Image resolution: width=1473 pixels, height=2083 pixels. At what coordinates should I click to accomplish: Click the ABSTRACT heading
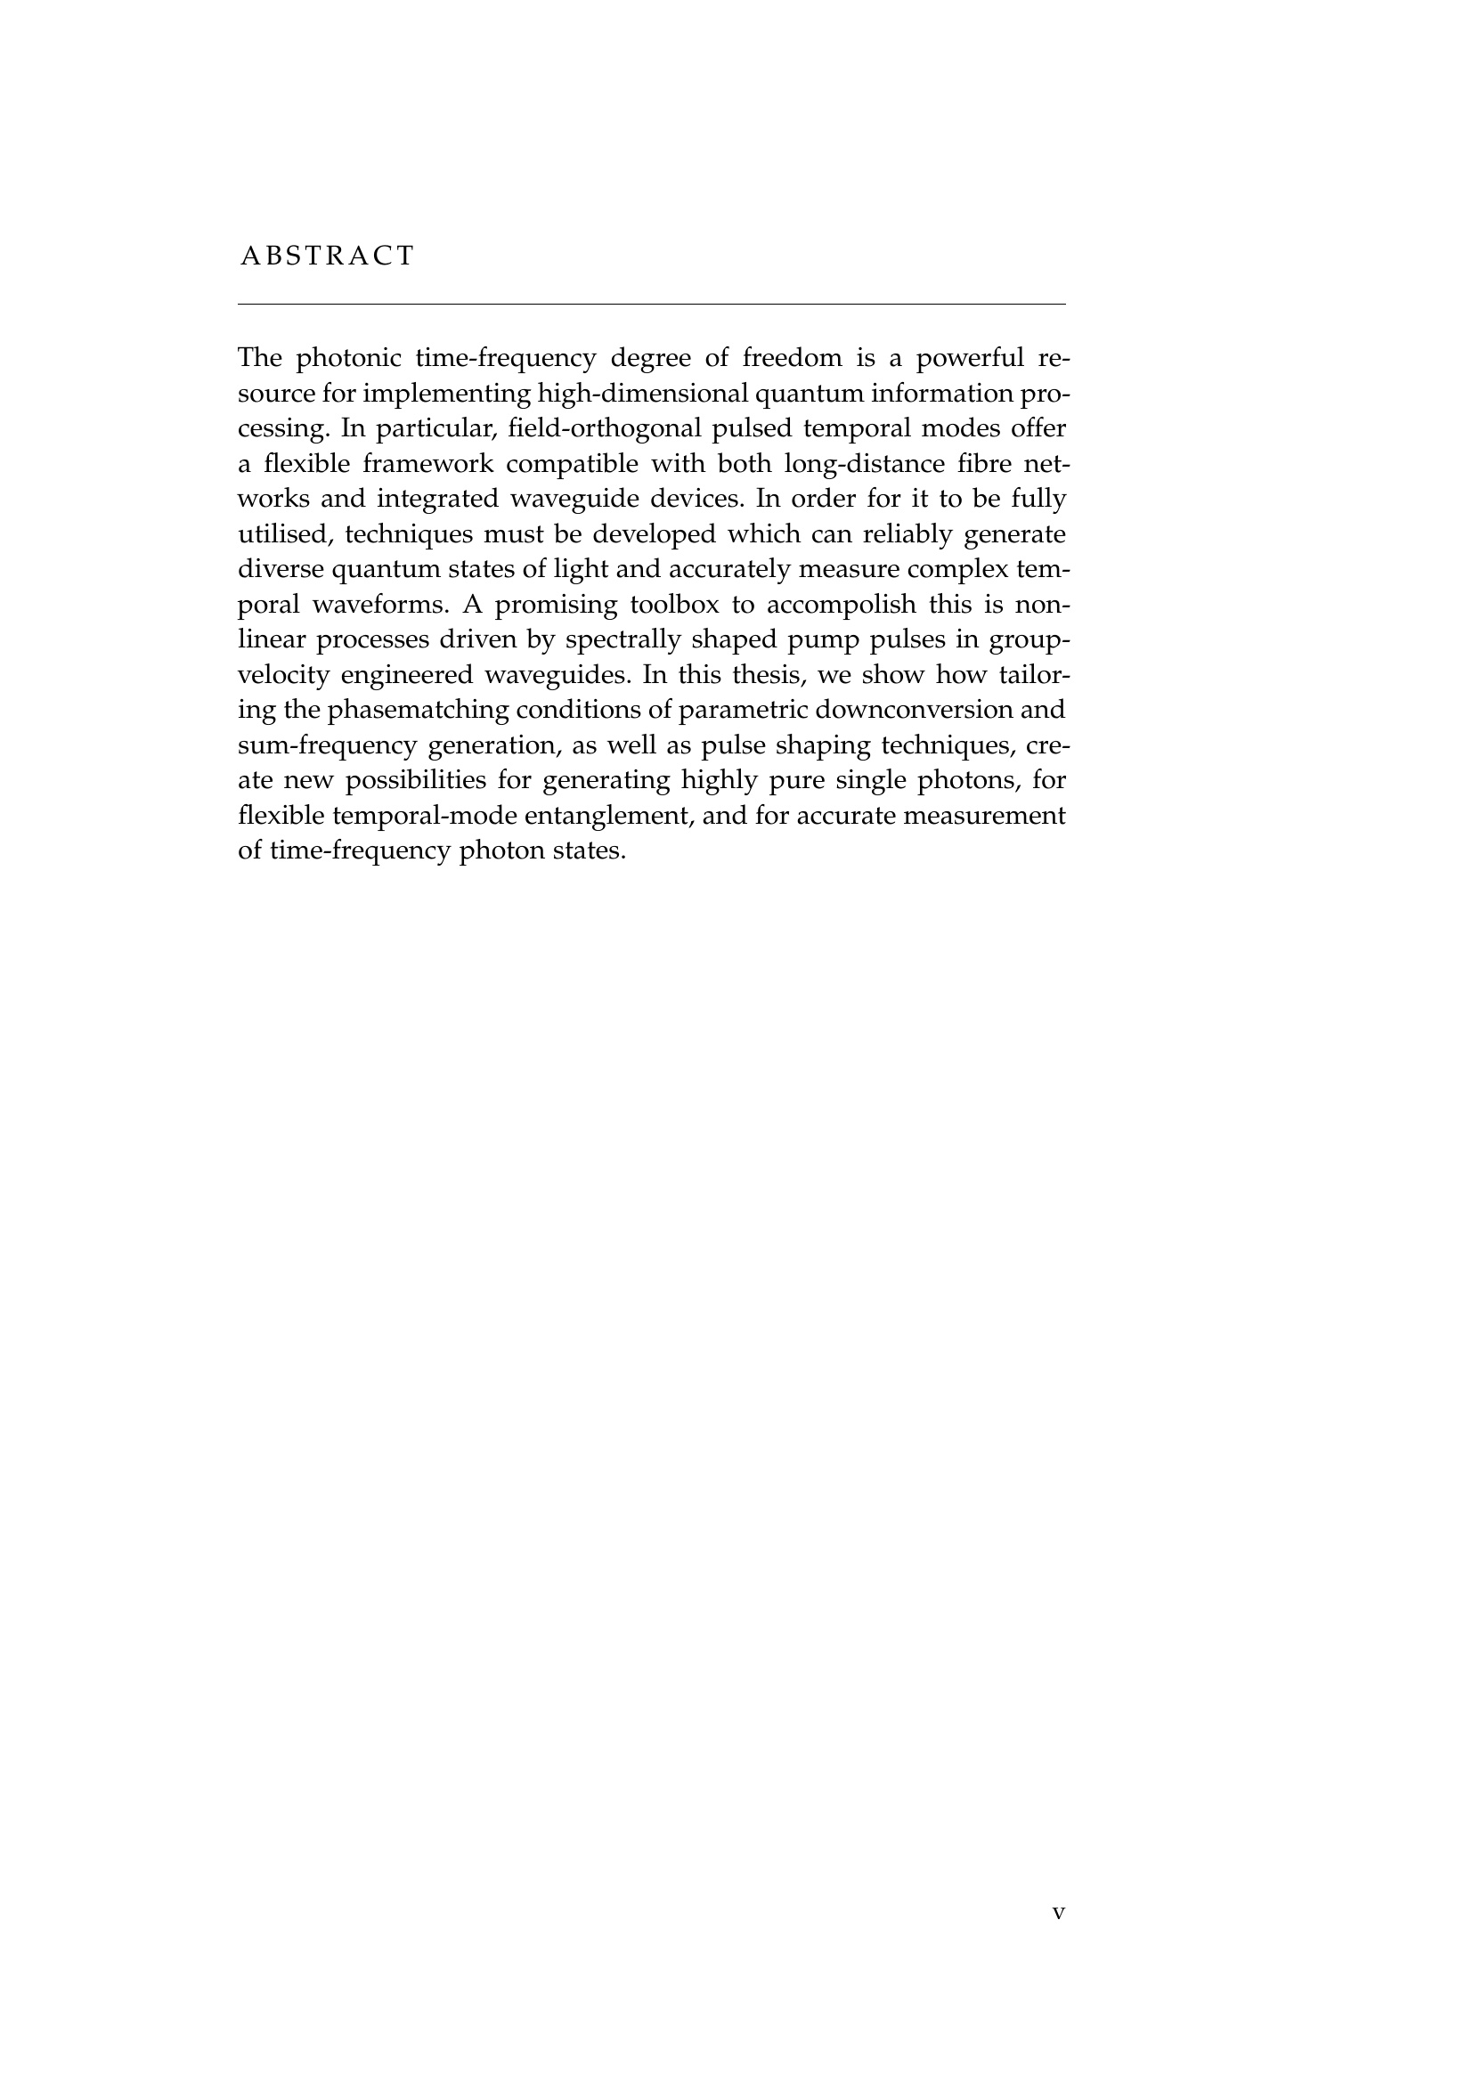[x=327, y=256]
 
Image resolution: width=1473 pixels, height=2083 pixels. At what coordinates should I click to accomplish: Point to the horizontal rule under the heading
[x=650, y=305]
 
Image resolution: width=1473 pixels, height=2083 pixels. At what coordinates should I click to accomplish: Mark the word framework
[x=428, y=464]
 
